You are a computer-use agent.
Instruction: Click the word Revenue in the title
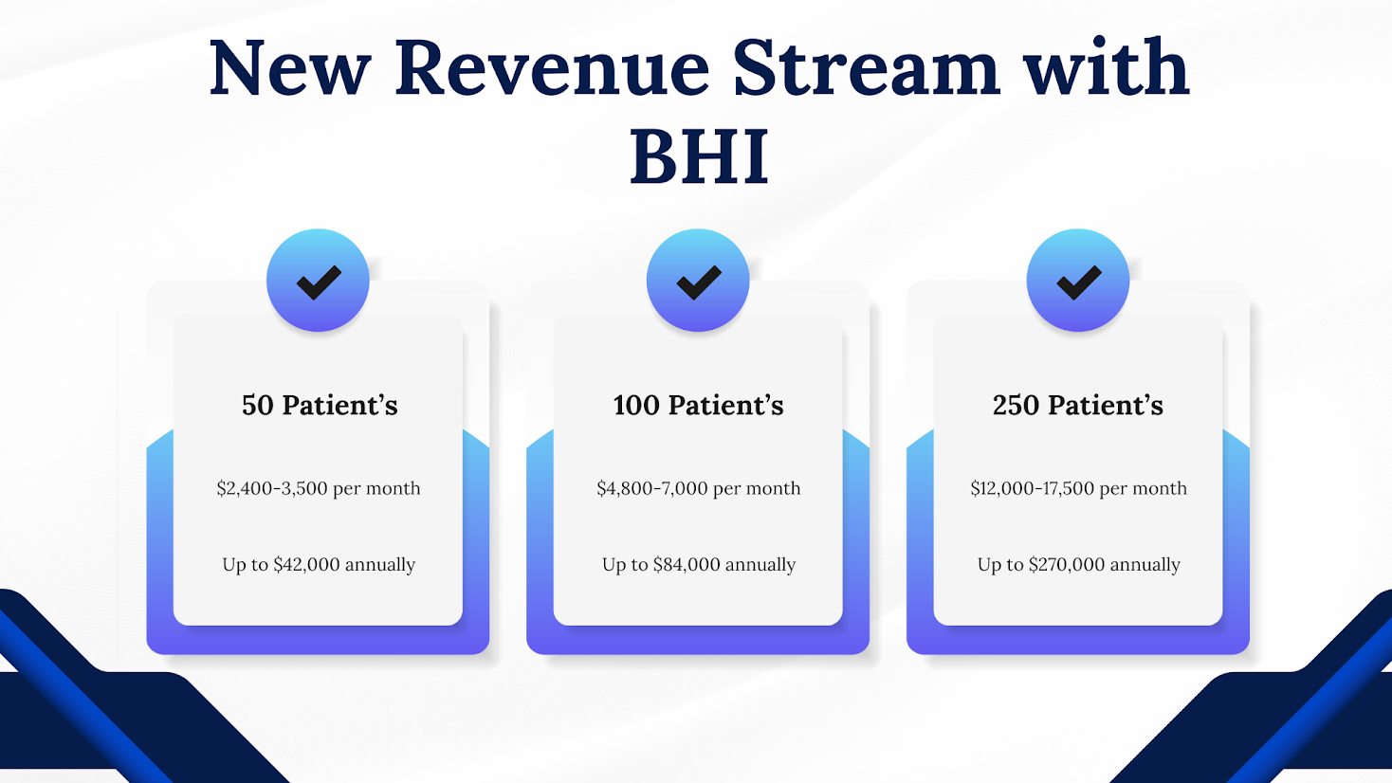(x=551, y=68)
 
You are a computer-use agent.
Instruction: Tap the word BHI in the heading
(x=699, y=157)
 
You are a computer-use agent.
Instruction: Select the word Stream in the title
(x=866, y=68)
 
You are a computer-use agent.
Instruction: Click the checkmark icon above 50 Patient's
(x=318, y=281)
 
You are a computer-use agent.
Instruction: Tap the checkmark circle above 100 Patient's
(x=698, y=281)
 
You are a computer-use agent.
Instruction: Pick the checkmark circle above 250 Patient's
(x=1078, y=281)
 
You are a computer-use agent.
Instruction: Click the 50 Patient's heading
(x=320, y=406)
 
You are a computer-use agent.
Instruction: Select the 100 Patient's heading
(x=698, y=406)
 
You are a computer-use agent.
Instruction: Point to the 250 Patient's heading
(x=1078, y=406)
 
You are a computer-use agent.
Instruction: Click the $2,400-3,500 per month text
(x=319, y=488)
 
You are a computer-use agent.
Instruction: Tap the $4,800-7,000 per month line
(x=698, y=488)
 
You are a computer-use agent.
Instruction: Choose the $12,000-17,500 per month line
(x=1078, y=488)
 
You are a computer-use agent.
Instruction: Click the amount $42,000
(x=306, y=565)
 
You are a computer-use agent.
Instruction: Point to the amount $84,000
(x=687, y=565)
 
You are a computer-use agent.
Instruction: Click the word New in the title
(x=289, y=68)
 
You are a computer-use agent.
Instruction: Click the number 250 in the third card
(x=1016, y=406)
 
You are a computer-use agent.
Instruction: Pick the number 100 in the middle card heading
(x=636, y=406)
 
